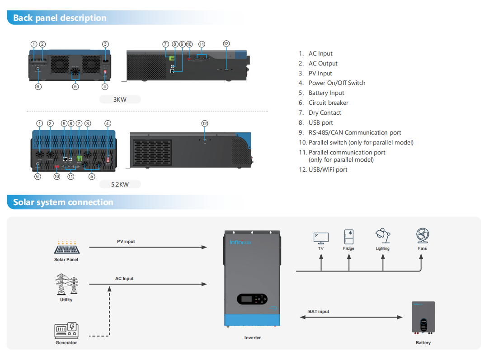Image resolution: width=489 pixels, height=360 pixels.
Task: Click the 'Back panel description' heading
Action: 60,18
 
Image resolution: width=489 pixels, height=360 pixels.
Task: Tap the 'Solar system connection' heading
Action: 63,202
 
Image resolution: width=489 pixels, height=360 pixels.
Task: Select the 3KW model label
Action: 120,99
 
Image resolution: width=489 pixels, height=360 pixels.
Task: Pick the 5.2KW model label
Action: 120,184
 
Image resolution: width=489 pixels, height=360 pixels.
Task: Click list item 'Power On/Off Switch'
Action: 337,83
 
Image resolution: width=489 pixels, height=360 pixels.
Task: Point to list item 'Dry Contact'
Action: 324,113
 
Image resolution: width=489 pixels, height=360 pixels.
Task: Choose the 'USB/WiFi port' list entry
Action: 328,170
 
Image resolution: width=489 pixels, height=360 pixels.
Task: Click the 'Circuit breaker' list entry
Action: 328,103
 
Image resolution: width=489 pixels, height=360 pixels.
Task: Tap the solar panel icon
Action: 67,247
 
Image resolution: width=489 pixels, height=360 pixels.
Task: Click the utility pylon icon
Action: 66,285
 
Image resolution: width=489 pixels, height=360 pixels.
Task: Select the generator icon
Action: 66,330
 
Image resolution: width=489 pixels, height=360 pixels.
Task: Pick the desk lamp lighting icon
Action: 382,236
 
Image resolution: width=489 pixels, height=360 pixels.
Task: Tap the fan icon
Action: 423,236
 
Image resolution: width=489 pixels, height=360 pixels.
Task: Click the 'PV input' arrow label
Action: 126,242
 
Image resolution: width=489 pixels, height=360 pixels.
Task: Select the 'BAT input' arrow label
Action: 319,312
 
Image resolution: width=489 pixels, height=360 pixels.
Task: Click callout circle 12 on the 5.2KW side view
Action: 205,123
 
